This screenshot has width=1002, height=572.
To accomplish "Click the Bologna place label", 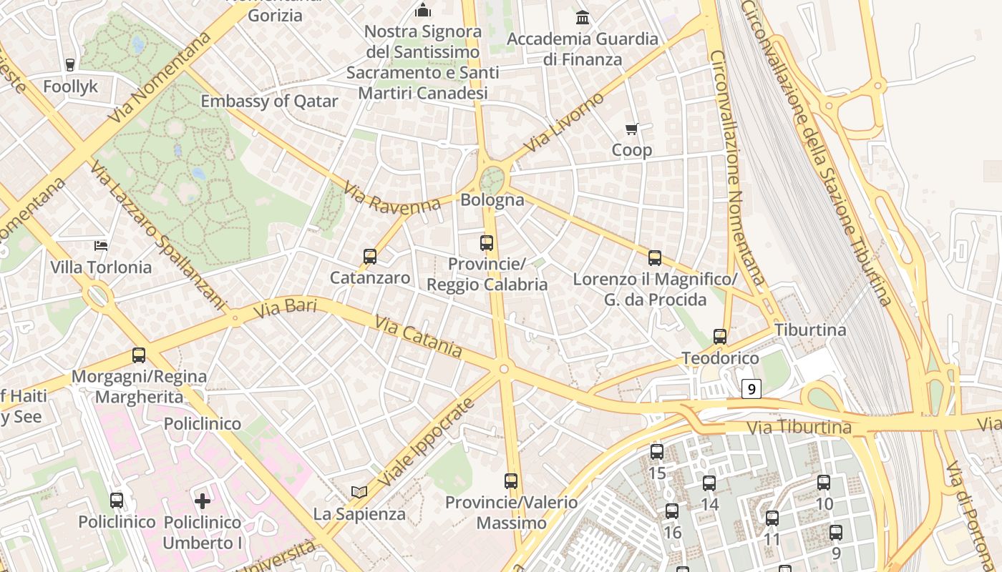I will click(492, 199).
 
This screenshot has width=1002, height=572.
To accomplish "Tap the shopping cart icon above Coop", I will click(631, 129).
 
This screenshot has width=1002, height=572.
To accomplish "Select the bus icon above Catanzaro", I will click(370, 257).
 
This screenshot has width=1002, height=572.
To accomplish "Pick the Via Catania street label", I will click(418, 337).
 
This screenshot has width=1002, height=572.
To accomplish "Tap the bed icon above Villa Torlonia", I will click(101, 246).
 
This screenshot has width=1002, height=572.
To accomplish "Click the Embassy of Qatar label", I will click(268, 101).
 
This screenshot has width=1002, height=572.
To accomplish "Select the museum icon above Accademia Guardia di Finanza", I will click(583, 17).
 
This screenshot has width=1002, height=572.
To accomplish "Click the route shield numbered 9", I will click(750, 389).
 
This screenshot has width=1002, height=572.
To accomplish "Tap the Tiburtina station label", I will click(810, 330).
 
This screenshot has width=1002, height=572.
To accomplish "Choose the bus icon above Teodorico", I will click(720, 337).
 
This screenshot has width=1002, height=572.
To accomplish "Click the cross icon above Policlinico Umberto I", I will click(203, 500).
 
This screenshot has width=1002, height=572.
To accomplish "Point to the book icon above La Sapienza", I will click(359, 492).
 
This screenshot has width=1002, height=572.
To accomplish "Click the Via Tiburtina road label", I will click(799, 428).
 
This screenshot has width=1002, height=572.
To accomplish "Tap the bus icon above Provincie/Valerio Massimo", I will click(510, 481).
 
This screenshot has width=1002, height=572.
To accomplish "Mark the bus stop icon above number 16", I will click(671, 511).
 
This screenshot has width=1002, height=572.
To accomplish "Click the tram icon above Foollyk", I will click(70, 65).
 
